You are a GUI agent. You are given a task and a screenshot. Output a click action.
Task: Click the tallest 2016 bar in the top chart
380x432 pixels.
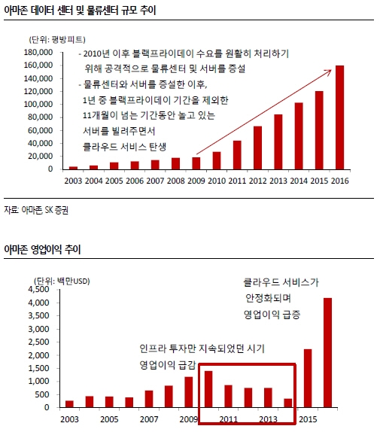coord(339,117)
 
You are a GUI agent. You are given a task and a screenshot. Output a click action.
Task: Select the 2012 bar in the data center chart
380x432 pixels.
coord(257,148)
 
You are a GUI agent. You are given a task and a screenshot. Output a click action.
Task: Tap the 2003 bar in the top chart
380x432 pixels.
coord(73,167)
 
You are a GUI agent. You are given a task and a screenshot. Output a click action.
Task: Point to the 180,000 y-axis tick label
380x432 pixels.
coord(39,53)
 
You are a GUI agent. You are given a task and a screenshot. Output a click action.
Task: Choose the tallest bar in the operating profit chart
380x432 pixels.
coord(327,353)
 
